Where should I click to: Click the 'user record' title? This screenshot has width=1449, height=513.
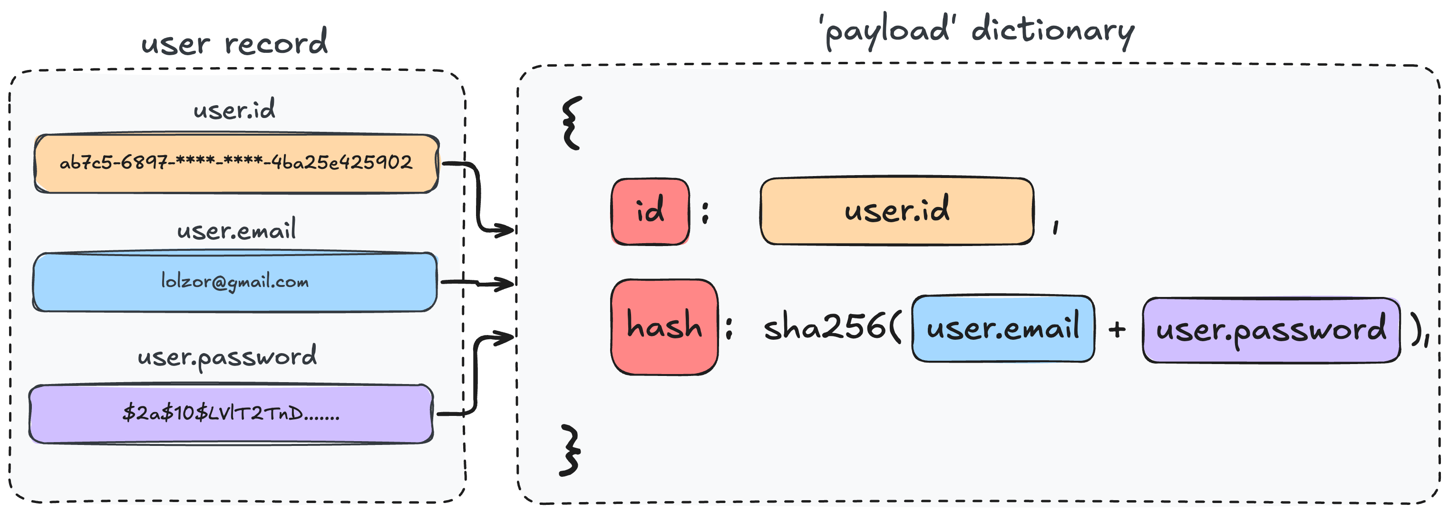234,42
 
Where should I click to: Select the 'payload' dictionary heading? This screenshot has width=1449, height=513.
979,30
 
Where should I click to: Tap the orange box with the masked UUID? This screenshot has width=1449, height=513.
236,163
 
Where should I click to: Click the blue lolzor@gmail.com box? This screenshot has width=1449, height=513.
234,282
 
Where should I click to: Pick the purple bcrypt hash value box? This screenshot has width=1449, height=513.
231,414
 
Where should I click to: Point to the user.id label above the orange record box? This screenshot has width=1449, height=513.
234,109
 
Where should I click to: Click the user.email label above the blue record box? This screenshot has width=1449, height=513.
236,230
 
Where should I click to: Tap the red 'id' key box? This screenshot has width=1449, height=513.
650,211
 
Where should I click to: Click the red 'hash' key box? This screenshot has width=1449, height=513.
664,326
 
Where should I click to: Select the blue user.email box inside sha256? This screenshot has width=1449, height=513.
1003,328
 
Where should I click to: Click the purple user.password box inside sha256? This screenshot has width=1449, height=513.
1271,330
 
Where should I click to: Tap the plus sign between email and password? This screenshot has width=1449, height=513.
1117,329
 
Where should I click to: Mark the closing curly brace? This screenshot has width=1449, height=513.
570,451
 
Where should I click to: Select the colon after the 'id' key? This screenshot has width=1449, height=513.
705,212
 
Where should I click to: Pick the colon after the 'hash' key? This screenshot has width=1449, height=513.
729,328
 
